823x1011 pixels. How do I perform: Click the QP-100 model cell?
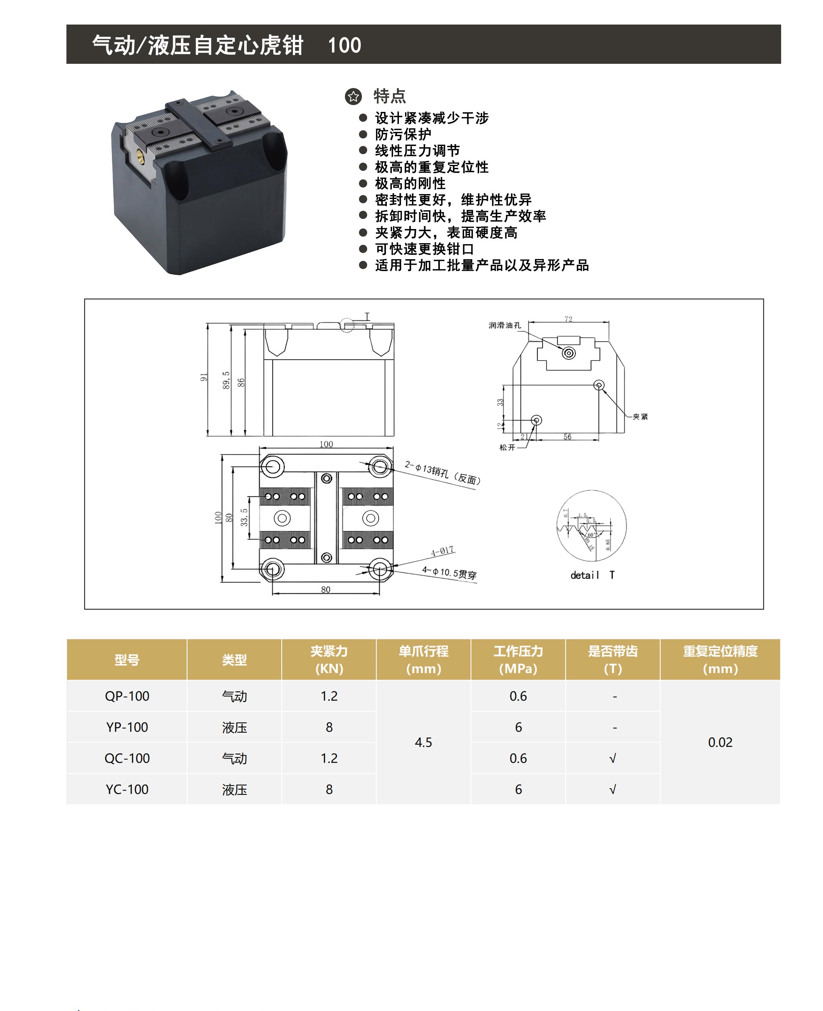pyautogui.click(x=127, y=696)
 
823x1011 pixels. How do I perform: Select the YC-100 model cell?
pyautogui.click(x=127, y=789)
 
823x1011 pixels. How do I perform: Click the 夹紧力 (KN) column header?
pyautogui.click(x=329, y=659)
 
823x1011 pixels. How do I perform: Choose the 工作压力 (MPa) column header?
pyautogui.click(x=518, y=659)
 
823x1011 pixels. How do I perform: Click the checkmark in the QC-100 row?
pyautogui.click(x=613, y=759)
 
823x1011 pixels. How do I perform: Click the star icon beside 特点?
pyautogui.click(x=353, y=96)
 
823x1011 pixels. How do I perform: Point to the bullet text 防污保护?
pyautogui.click(x=403, y=135)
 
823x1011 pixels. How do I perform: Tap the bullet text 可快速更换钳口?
pyautogui.click(x=424, y=249)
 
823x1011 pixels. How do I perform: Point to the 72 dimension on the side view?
pyautogui.click(x=568, y=319)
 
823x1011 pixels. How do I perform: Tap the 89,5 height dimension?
pyautogui.click(x=226, y=380)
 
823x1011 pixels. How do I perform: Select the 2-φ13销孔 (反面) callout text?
pyautogui.click(x=443, y=473)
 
